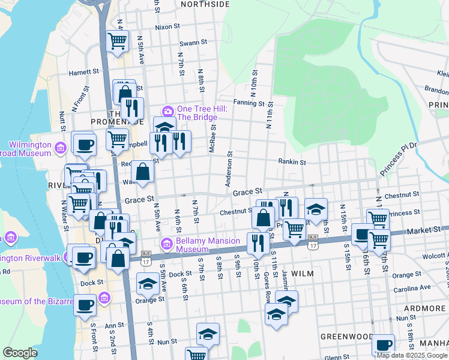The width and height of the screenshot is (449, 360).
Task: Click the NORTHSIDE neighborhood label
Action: pos(205,4)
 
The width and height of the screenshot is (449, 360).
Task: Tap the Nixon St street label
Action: pos(167,27)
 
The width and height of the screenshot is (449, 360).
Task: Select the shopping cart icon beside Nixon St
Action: pos(118,41)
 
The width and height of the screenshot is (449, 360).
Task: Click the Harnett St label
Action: pos(83,71)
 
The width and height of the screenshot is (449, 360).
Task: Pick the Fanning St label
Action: pos(249,103)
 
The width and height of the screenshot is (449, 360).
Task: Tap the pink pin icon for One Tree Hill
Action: pos(167,111)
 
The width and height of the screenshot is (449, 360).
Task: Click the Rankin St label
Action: pos(292,162)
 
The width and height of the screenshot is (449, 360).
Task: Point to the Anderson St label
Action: pos(229,168)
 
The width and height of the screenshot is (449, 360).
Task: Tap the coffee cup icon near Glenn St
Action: pos(383,345)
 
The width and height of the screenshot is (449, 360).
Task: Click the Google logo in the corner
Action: pos(20,353)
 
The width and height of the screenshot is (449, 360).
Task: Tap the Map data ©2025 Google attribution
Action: pos(412,355)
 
